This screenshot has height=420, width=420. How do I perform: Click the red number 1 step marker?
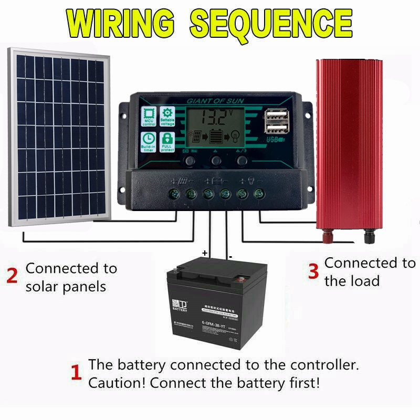[x=76, y=373]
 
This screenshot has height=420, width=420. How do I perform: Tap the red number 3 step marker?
[x=313, y=271]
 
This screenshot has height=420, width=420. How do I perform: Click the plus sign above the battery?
[x=204, y=253]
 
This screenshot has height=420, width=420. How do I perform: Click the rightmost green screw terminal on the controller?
[x=258, y=194]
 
